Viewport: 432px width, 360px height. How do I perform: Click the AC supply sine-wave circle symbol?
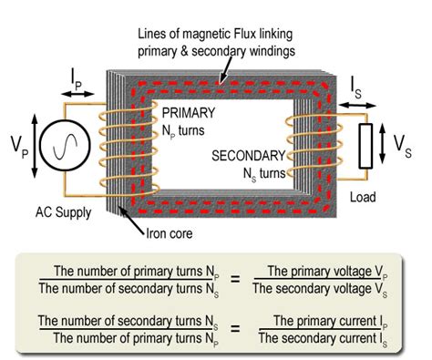[x=57, y=143]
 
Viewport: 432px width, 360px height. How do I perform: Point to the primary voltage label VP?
[x=15, y=143]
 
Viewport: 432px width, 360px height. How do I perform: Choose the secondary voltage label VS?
[x=412, y=146]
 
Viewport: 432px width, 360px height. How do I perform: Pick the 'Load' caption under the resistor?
[x=365, y=194]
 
